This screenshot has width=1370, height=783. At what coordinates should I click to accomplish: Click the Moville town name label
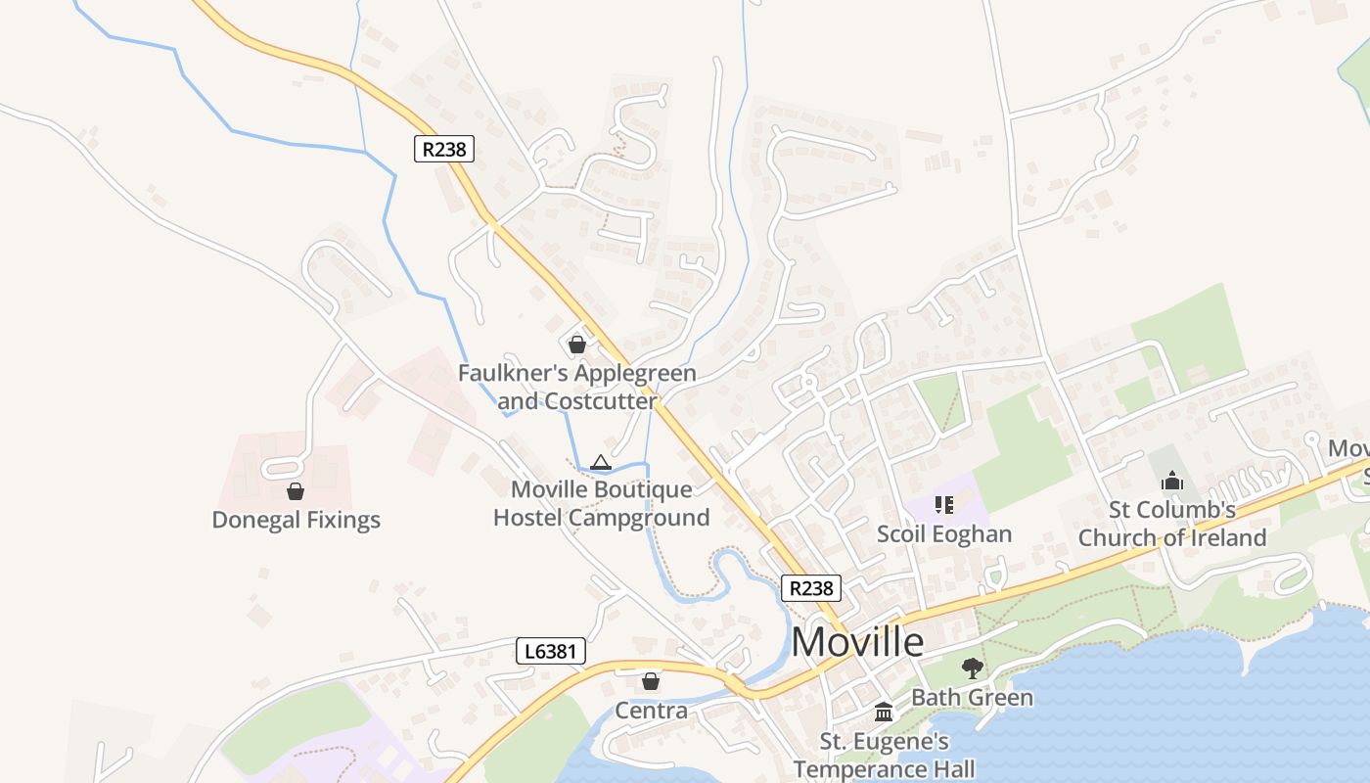[857, 642]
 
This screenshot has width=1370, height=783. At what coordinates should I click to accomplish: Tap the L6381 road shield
[551, 651]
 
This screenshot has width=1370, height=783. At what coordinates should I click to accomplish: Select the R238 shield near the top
[444, 149]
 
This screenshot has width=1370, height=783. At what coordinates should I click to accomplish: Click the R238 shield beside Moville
[812, 587]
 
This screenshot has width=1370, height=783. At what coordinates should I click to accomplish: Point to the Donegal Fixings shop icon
[296, 491]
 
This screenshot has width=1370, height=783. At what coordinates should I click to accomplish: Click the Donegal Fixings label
[296, 520]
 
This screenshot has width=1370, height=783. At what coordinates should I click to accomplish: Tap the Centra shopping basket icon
[651, 681]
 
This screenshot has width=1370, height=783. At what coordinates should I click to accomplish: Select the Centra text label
[651, 711]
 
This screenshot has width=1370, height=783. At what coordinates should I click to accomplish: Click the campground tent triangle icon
[601, 462]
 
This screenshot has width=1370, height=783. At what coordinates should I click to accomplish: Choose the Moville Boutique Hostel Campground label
[601, 503]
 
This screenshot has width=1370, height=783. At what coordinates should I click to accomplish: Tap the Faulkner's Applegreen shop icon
[577, 345]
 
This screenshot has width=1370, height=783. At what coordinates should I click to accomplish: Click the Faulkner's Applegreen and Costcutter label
[577, 388]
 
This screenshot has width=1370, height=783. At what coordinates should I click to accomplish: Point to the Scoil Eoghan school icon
[944, 505]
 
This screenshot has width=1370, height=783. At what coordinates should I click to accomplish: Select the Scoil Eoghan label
[944, 534]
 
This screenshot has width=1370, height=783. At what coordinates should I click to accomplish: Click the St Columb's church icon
[1172, 481]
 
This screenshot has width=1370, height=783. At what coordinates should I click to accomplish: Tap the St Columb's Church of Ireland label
[1172, 524]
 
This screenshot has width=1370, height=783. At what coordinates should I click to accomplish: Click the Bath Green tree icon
[972, 668]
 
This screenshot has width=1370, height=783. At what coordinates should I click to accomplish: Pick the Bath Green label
[972, 698]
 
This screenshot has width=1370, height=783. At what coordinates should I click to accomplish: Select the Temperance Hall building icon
[884, 712]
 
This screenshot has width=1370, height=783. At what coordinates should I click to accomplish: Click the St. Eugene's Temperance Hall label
[884, 755]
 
